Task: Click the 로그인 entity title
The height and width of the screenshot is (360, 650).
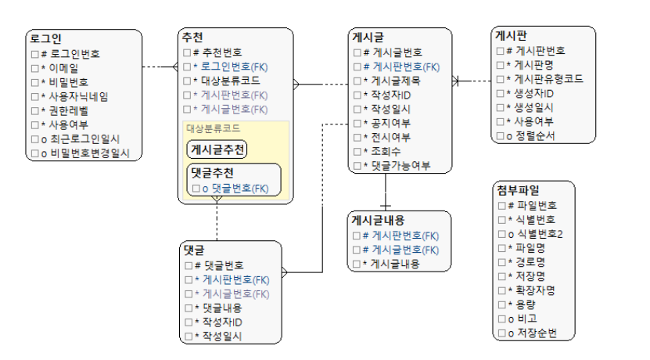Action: (46, 38)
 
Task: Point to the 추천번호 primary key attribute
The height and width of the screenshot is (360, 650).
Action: (222, 52)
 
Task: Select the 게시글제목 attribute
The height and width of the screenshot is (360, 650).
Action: (396, 81)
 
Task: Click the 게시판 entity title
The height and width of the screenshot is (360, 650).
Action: (511, 34)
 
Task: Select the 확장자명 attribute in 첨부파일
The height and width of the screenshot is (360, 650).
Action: (536, 290)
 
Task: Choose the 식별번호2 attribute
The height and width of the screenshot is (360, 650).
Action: (539, 233)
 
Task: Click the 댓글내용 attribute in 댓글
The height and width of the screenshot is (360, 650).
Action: (223, 308)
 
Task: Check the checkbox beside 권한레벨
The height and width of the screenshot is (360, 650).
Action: (34, 110)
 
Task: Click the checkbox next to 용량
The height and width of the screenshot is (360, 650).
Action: (501, 305)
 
